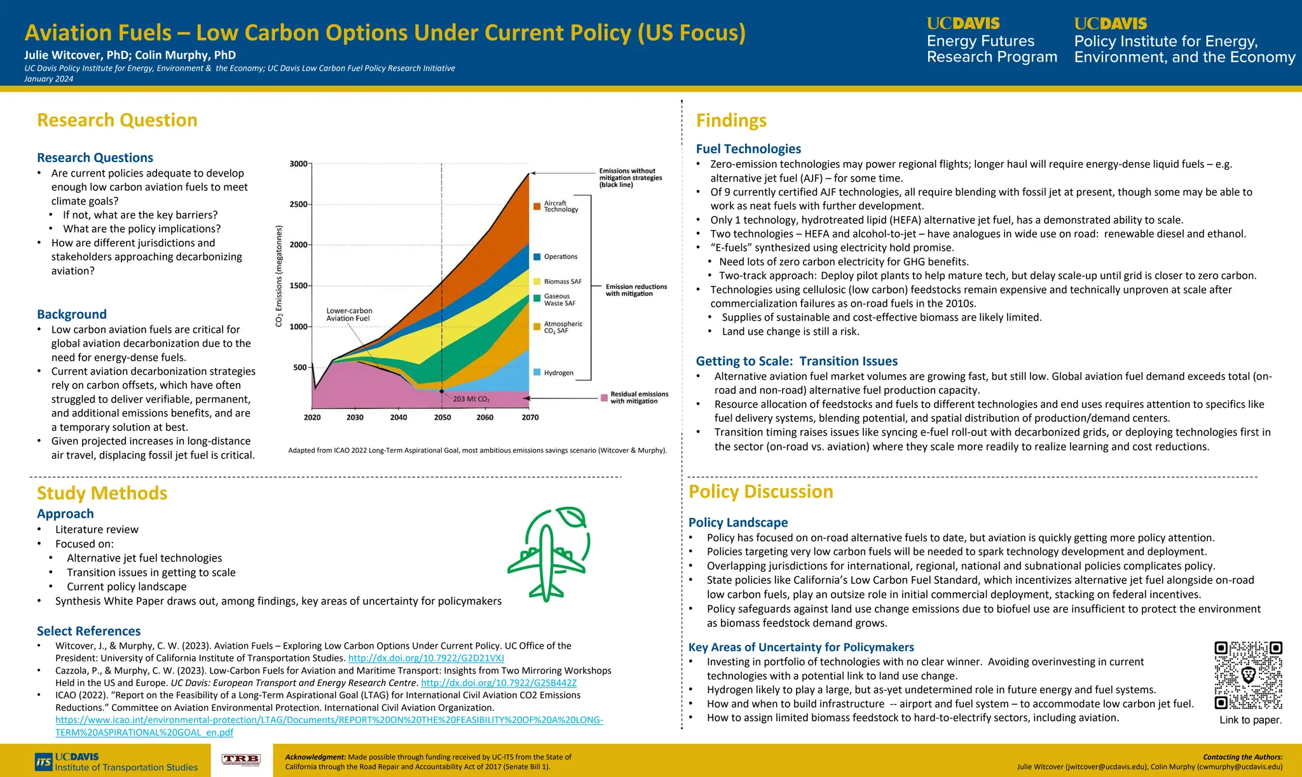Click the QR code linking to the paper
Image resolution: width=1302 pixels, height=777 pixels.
[1248, 675]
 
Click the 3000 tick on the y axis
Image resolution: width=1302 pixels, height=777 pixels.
[298, 164]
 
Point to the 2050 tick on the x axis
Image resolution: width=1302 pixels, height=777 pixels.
[442, 417]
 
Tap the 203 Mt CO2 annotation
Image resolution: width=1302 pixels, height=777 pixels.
[471, 399]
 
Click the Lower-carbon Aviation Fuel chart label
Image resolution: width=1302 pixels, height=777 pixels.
[349, 314]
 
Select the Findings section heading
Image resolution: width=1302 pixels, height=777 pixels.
[731, 120]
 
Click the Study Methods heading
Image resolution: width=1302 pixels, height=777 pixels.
[102, 493]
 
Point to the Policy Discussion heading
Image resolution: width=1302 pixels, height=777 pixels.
[760, 492]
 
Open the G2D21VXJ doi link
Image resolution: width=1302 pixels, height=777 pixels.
[426, 658]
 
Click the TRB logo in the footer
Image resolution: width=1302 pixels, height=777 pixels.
[241, 760]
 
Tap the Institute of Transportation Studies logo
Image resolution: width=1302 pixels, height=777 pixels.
[117, 762]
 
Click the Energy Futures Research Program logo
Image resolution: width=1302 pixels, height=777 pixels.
[991, 41]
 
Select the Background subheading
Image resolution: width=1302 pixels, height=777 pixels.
[72, 314]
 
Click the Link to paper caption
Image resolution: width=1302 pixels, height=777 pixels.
[1250, 720]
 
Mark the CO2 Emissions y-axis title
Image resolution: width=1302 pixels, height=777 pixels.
[278, 276]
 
